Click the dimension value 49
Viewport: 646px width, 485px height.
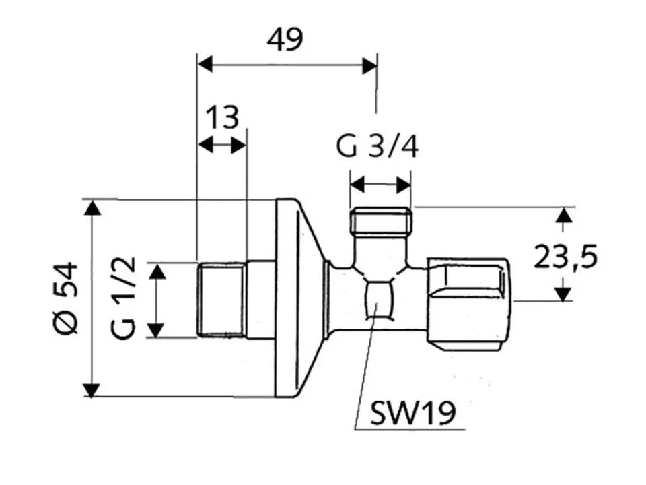285,40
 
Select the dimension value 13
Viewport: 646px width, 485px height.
222,117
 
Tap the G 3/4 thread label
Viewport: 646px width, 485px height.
378,146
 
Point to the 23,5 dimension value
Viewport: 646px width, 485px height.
565,256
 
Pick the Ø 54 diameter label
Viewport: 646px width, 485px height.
66,298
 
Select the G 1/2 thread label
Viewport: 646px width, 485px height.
122,298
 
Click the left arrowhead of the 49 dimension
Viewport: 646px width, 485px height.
205,65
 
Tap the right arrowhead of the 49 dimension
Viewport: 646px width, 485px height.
369,65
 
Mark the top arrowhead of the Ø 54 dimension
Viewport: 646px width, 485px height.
92,207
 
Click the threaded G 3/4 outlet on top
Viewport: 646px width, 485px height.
381,222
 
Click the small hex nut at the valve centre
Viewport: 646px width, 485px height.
378,299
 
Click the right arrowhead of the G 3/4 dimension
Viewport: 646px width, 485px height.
404,185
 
